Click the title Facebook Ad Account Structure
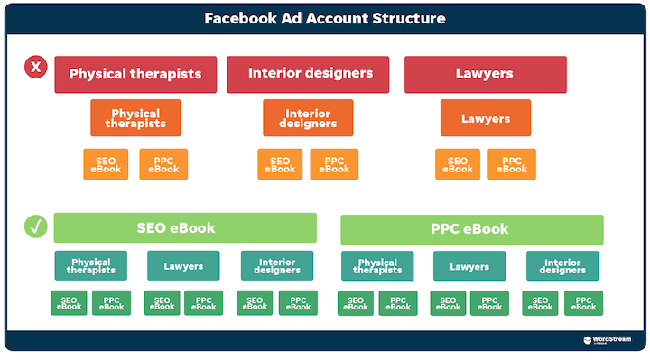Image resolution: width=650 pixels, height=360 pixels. [324, 17]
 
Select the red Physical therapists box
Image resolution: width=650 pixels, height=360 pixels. [135, 74]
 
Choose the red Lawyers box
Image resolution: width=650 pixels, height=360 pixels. [485, 74]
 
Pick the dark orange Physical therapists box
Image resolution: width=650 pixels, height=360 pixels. [135, 118]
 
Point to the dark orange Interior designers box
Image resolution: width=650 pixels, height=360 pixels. [308, 118]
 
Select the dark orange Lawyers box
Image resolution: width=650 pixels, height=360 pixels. [485, 118]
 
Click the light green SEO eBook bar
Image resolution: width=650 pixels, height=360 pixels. [185, 228]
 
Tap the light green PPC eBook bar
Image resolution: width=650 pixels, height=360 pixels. [471, 229]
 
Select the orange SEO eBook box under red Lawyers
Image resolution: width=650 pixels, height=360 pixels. [458, 164]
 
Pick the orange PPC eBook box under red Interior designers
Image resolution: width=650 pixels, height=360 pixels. [334, 164]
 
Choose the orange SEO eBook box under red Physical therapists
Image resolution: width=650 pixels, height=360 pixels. [107, 164]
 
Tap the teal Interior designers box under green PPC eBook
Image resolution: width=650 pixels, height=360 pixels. [562, 266]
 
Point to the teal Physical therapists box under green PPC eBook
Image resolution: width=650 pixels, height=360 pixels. [376, 266]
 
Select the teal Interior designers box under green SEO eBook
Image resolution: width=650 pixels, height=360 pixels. [277, 266]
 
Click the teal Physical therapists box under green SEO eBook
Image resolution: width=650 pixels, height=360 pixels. [90, 266]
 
